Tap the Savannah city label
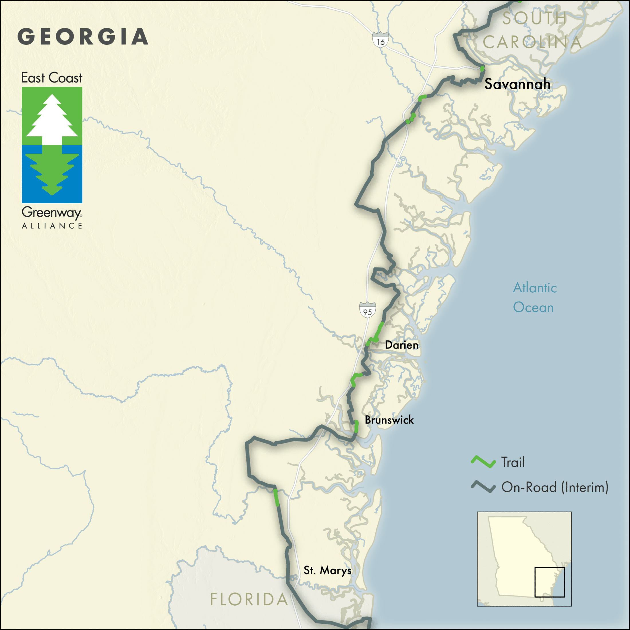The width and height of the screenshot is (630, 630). point(517,84)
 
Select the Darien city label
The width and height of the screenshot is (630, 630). point(401,345)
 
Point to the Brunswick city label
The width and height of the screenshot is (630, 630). point(389,420)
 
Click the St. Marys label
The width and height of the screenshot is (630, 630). point(327,570)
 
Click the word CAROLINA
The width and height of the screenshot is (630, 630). point(532,42)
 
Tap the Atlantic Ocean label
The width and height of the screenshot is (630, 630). point(534,298)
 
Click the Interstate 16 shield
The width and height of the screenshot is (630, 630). point(381,40)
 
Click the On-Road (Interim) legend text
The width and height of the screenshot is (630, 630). point(555,487)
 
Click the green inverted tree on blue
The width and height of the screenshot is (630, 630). point(52,173)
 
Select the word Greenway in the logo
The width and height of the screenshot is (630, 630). point(52,212)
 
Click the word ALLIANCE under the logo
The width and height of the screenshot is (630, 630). point(52,226)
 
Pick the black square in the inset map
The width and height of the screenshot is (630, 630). point(550,582)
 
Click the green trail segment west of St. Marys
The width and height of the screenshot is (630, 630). point(276,498)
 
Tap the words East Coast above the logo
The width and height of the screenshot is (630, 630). point(52,78)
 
